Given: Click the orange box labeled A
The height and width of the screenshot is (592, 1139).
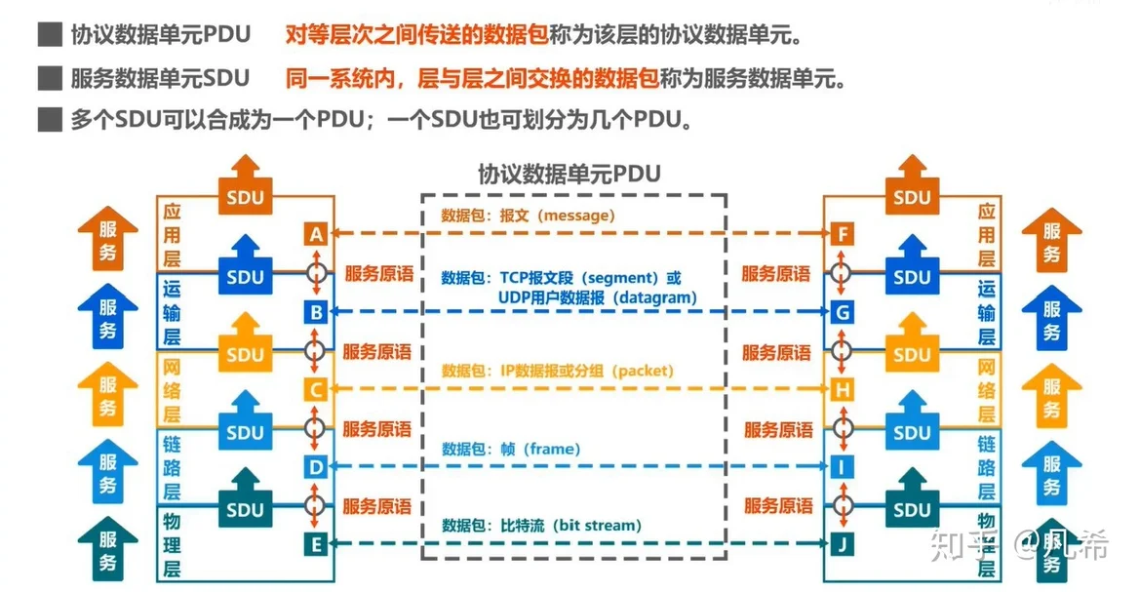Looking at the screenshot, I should click(315, 234).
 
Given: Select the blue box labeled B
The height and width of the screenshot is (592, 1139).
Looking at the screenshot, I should click(315, 312).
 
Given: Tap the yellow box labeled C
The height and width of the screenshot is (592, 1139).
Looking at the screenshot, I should click(315, 390).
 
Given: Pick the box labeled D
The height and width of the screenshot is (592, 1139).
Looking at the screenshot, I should click(315, 467).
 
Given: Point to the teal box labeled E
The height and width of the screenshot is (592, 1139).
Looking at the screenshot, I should click(315, 544).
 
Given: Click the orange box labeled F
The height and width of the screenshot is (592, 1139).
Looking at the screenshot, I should click(843, 234).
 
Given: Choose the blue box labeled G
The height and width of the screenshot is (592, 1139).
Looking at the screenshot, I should click(843, 312).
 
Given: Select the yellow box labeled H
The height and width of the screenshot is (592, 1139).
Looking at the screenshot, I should click(843, 390).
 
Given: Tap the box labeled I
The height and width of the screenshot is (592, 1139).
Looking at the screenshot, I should click(843, 467).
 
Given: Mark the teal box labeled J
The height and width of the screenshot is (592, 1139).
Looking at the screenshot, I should click(843, 544).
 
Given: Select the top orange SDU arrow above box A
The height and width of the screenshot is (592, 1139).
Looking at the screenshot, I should click(245, 185).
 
